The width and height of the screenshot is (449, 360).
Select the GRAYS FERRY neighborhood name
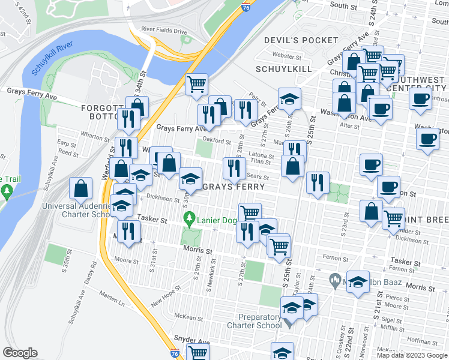tap(234, 187)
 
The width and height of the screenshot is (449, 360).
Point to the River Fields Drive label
tap(164, 29)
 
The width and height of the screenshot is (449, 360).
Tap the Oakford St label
tap(217, 141)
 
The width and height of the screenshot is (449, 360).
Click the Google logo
tap(20, 353)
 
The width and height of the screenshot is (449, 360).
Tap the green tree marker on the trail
tap(7, 193)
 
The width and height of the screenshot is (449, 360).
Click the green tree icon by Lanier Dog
tap(190, 217)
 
